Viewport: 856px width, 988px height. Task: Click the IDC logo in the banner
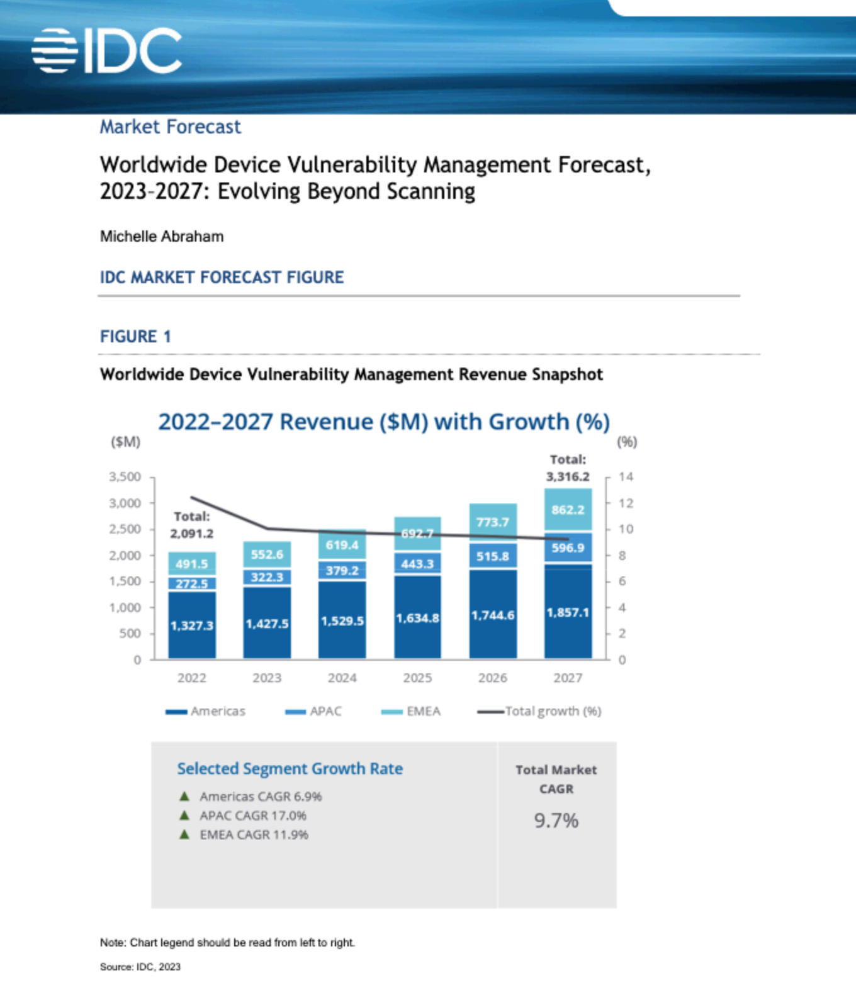click(x=107, y=50)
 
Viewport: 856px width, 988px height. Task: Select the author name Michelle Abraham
click(x=162, y=237)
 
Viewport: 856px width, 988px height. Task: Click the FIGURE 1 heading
click(x=135, y=337)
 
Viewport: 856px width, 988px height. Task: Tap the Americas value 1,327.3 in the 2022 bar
click(x=192, y=626)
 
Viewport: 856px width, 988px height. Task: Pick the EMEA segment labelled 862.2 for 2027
click(x=568, y=510)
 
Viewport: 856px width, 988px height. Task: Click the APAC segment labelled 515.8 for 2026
click(x=492, y=556)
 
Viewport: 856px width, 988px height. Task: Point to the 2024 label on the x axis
click(x=342, y=678)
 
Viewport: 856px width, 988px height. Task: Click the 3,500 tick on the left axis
click(x=125, y=477)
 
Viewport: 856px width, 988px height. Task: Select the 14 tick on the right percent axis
click(x=626, y=477)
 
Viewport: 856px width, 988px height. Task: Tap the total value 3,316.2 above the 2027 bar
click(x=568, y=476)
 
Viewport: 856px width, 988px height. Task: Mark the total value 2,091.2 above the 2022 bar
click(x=192, y=534)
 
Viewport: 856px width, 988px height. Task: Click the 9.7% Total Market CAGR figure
click(x=556, y=821)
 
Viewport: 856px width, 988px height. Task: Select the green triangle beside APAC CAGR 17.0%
click(x=184, y=816)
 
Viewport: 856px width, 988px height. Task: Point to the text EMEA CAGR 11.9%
click(x=254, y=835)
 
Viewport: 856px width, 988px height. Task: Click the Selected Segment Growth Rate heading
click(x=290, y=768)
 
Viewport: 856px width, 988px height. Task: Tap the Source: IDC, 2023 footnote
click(x=140, y=967)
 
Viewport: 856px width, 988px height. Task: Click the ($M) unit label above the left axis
click(x=125, y=442)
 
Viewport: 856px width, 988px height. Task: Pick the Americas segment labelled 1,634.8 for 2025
click(x=417, y=618)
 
